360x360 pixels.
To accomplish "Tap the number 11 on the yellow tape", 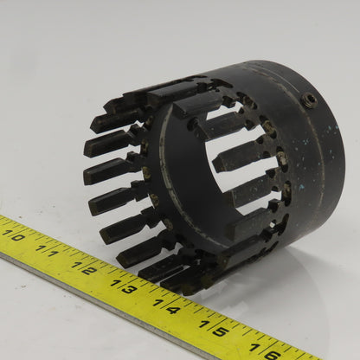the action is click(x=48, y=251).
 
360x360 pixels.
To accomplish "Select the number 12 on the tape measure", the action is click(x=84, y=267).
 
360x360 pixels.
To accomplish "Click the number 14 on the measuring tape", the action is click(x=166, y=306).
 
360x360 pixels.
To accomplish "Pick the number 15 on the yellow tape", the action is click(x=214, y=328).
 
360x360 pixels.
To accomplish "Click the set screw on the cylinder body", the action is click(x=309, y=100).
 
